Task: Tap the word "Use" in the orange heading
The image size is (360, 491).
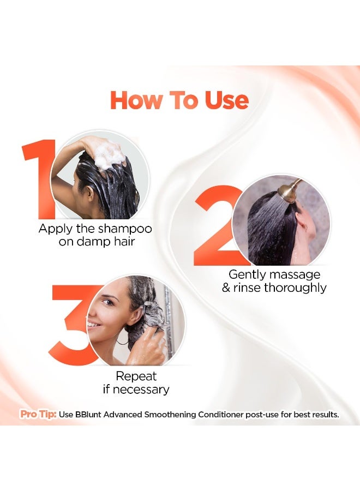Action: click(x=227, y=100)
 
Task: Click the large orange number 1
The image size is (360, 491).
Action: click(x=39, y=179)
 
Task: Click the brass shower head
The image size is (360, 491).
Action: click(x=290, y=189)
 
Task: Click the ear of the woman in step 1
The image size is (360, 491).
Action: click(x=90, y=194)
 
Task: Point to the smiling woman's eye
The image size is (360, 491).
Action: click(x=108, y=302)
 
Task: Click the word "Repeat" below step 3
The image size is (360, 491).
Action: click(x=136, y=376)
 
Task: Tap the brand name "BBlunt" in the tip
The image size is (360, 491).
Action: click(x=88, y=415)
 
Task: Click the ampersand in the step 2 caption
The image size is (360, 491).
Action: click(x=226, y=288)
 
